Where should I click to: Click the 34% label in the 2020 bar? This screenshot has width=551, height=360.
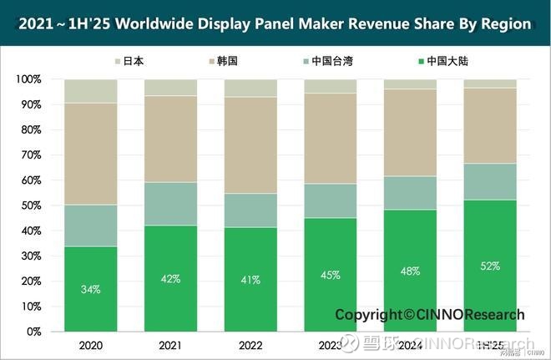click(90, 289)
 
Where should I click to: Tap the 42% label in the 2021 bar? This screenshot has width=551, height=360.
click(170, 279)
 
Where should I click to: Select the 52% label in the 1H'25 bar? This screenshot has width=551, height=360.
click(490, 266)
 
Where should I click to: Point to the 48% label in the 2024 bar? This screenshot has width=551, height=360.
click(410, 271)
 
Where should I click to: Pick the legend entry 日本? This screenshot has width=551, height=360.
click(133, 60)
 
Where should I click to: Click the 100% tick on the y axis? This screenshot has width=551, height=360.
click(28, 79)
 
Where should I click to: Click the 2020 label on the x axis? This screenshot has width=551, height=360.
click(90, 344)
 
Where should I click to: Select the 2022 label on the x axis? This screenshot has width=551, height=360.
click(250, 344)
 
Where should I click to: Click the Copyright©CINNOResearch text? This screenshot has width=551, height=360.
click(430, 315)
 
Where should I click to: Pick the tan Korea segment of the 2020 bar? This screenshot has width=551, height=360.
click(90, 154)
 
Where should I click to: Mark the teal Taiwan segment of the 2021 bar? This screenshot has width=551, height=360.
click(170, 204)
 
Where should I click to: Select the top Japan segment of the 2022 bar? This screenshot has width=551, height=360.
click(250, 88)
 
